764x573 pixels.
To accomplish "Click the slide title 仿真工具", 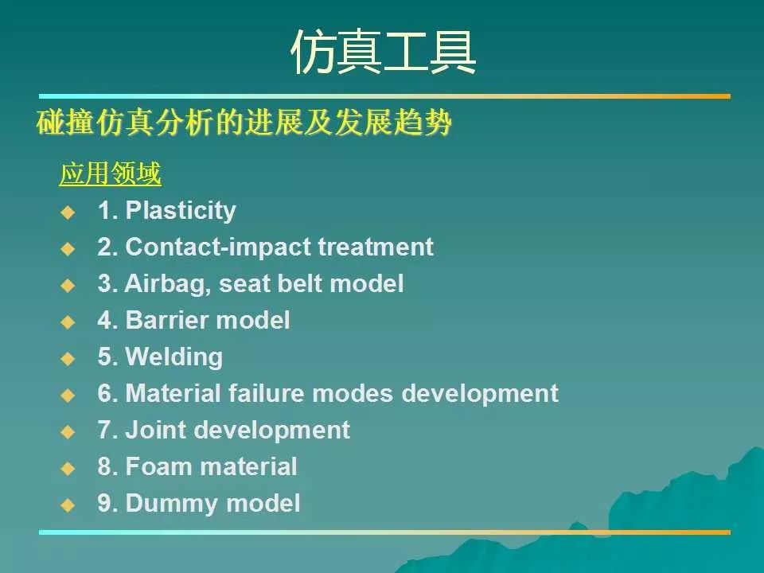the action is (x=383, y=53).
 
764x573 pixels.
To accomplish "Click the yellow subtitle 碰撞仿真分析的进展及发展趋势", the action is (x=244, y=123).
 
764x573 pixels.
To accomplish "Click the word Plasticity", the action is (x=181, y=211).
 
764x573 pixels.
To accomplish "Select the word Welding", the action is (x=174, y=357).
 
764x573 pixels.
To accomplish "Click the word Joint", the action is (x=158, y=430).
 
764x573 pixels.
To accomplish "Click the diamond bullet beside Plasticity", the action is (x=68, y=212).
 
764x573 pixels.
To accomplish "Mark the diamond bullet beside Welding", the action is (x=68, y=359).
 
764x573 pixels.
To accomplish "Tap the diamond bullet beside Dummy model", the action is (x=68, y=505).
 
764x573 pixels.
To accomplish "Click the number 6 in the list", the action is (x=104, y=393).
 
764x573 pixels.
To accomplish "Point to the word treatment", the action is (x=376, y=247).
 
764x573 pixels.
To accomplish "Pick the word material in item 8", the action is (x=248, y=466).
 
